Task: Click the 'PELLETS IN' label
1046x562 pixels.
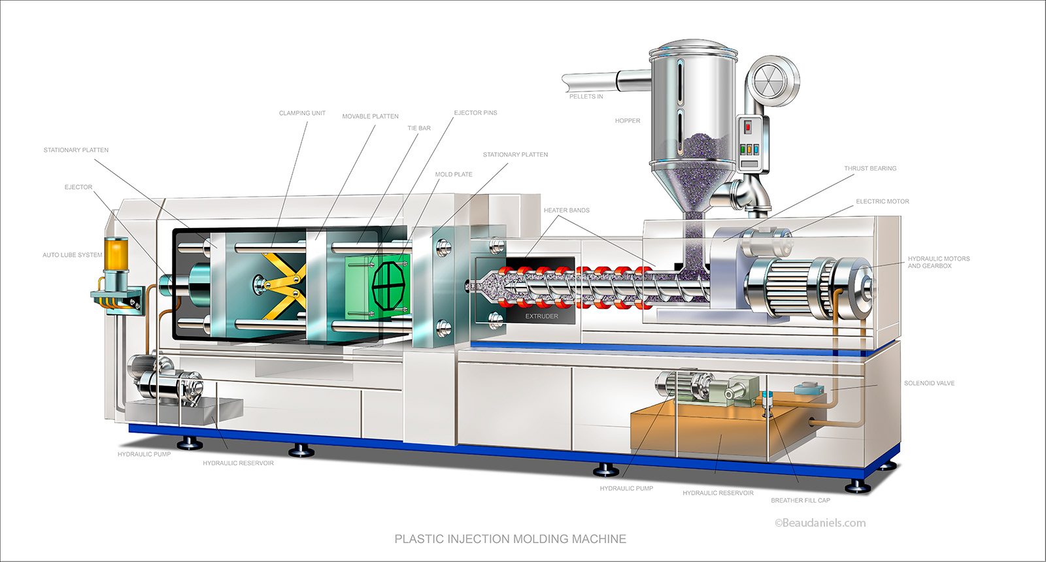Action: pos(586,97)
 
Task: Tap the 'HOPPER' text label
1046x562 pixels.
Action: pos(627,121)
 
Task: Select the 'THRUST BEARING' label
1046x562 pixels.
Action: pos(869,169)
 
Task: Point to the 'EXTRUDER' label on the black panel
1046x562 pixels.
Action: pos(541,316)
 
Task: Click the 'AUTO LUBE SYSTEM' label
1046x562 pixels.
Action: pos(72,255)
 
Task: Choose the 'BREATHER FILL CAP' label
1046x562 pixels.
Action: pos(800,501)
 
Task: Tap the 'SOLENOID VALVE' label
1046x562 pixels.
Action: pos(928,384)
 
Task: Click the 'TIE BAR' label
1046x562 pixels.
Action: pos(419,128)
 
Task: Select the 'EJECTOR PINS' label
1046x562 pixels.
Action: pos(475,113)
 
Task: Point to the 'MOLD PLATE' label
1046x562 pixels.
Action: pos(453,174)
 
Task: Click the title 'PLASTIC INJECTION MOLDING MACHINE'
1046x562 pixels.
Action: pos(510,539)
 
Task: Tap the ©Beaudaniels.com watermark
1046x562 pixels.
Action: pos(820,523)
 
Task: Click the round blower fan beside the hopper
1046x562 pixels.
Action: pos(773,82)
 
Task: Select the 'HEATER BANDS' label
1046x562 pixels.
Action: pos(566,210)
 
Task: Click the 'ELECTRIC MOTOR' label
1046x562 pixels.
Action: pos(882,202)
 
